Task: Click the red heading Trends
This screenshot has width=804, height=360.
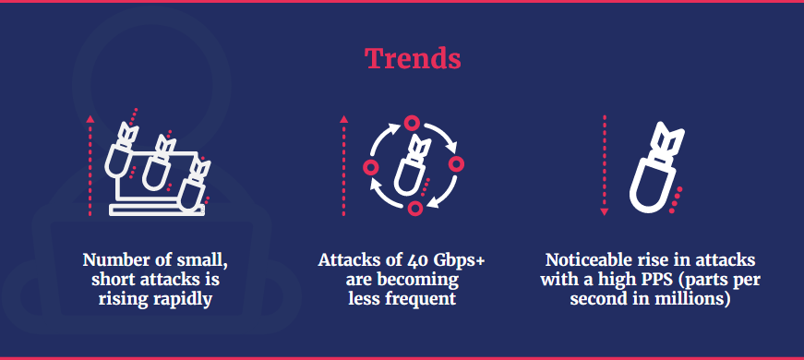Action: (x=413, y=59)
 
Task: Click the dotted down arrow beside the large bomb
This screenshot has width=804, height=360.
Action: (x=604, y=164)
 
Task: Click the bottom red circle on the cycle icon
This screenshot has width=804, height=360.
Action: (x=414, y=209)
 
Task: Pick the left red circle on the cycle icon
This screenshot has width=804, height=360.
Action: (x=371, y=166)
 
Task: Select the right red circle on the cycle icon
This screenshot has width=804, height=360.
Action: (x=456, y=163)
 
